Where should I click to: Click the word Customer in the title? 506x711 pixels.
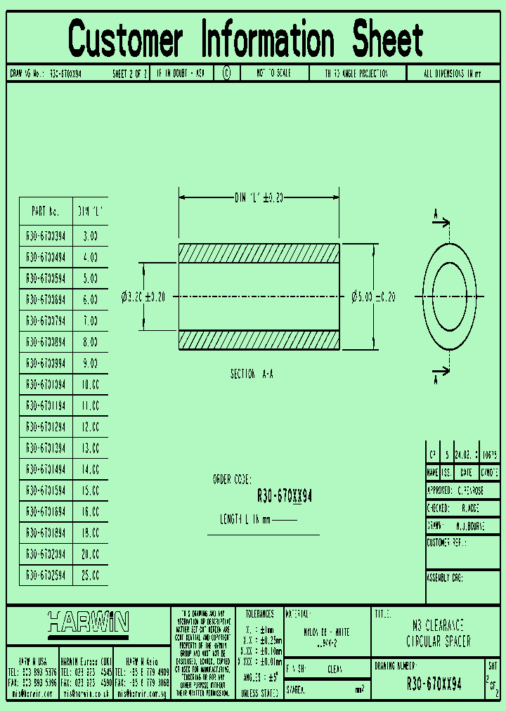point(126,39)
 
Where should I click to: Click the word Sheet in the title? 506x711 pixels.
point(388,39)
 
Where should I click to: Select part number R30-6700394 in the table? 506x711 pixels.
point(46,237)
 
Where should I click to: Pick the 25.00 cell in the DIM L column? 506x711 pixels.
point(91,575)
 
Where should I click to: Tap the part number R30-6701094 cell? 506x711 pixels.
point(46,385)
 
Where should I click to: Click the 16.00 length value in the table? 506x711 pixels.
point(91,511)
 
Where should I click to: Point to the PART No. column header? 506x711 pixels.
point(46,211)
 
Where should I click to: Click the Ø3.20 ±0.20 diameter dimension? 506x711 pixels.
point(143,297)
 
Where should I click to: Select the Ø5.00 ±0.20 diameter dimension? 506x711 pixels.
point(373,297)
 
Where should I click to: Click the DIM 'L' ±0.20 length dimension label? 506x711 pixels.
point(259,198)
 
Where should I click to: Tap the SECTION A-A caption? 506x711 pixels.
point(252,374)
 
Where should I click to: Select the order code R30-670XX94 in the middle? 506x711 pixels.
point(285,497)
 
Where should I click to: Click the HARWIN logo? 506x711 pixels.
point(89,621)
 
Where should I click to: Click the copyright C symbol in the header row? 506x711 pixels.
point(226,73)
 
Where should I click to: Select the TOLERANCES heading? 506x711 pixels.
point(259,613)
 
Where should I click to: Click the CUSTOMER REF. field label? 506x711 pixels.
point(447,543)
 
